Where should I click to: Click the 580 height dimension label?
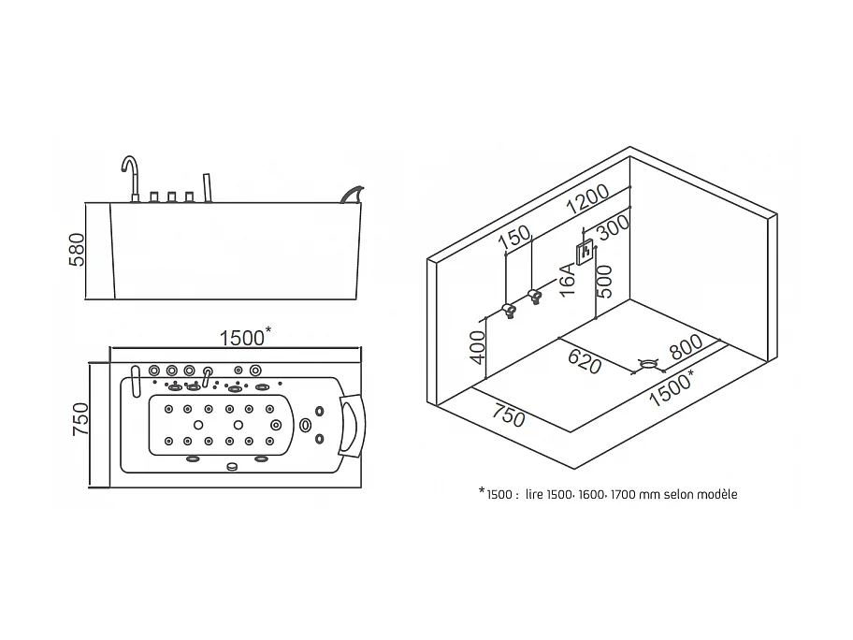[x=78, y=250]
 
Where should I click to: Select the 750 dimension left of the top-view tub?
[x=80, y=418]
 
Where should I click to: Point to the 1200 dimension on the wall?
[x=587, y=199]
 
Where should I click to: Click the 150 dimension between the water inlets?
[x=514, y=237]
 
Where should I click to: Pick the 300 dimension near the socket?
[x=614, y=226]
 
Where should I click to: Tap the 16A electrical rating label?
[x=567, y=280]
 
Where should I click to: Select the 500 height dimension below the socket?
[x=604, y=282]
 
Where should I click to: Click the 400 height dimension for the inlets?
[x=477, y=347]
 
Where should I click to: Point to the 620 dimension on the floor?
[x=585, y=361]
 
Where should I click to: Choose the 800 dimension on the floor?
[x=686, y=346]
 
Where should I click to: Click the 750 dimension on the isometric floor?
[x=509, y=415]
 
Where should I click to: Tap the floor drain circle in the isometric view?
[x=648, y=364]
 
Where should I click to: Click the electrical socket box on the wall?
[x=586, y=253]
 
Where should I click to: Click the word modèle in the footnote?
[x=716, y=495]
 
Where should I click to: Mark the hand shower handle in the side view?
[x=207, y=188]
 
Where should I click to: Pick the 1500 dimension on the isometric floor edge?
[x=672, y=388]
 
